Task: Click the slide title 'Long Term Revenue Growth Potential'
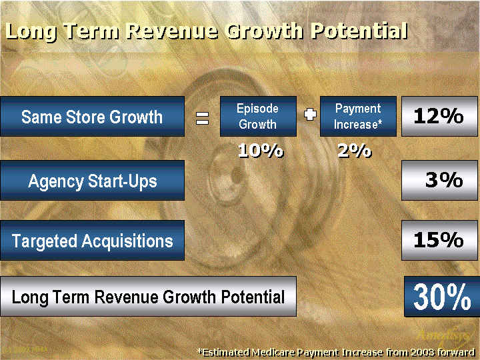pyautogui.click(x=206, y=31)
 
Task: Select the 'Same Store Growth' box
pyautogui.click(x=92, y=116)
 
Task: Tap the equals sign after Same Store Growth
pyautogui.click(x=203, y=118)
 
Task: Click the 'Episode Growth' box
pyautogui.click(x=258, y=116)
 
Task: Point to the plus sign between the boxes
pyautogui.click(x=310, y=115)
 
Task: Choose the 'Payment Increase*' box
pyautogui.click(x=358, y=116)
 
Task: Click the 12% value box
pyautogui.click(x=439, y=116)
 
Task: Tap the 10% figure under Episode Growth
pyautogui.click(x=261, y=151)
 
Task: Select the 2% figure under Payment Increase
pyautogui.click(x=355, y=151)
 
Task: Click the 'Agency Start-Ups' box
pyautogui.click(x=92, y=180)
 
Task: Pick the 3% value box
pyautogui.click(x=439, y=180)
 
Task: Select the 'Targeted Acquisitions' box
pyautogui.click(x=92, y=240)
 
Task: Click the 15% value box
pyautogui.click(x=439, y=240)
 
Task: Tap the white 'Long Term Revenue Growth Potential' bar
pyautogui.click(x=148, y=296)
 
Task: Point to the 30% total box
pyautogui.click(x=442, y=296)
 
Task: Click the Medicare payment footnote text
pyautogui.click(x=336, y=353)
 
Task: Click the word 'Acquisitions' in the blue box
pyautogui.click(x=127, y=241)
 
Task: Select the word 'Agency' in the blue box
pyautogui.click(x=55, y=181)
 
